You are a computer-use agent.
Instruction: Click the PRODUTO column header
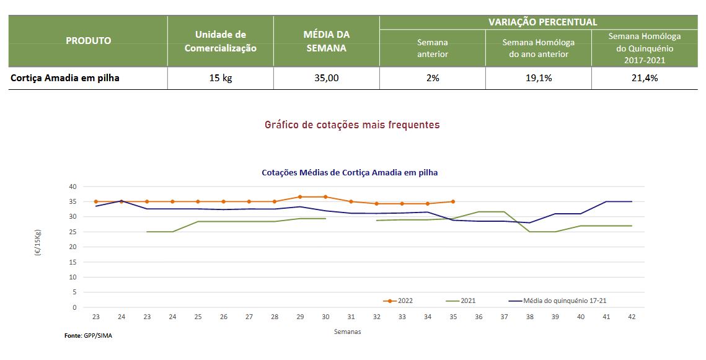point(88,41)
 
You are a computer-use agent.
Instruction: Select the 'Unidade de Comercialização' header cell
point(220,41)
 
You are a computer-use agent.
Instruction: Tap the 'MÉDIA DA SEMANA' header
point(326,41)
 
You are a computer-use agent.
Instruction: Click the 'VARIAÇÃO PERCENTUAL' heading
point(542,22)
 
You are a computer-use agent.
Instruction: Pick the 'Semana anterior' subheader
point(432,48)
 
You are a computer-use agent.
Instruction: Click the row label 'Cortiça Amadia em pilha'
point(65,78)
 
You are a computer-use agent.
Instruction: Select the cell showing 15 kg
point(220,78)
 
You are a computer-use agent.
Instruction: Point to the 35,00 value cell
point(326,78)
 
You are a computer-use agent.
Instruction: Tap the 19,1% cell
point(538,78)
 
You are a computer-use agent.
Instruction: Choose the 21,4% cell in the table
point(645,78)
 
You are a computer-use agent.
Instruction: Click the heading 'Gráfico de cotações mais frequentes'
point(352,125)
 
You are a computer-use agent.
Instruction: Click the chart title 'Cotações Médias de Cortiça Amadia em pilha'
point(350,172)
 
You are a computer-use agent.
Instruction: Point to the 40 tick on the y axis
point(73,187)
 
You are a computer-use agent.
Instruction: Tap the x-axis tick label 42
point(631,317)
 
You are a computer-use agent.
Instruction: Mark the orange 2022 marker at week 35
point(453,201)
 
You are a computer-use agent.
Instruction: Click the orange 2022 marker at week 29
point(300,197)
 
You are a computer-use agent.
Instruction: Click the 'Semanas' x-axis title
point(347,331)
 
